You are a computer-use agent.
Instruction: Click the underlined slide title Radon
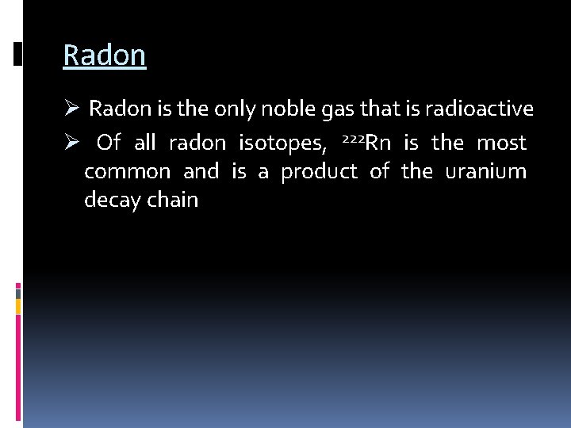pos(104,55)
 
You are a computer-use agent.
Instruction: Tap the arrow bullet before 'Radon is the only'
pos(71,108)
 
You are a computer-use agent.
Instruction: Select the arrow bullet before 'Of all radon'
pos(71,143)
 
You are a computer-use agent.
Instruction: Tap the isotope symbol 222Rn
pos(366,143)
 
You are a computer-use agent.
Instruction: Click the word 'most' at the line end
pos(501,143)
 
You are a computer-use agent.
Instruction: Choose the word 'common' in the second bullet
pos(127,172)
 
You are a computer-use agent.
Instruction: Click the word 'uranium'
pos(485,172)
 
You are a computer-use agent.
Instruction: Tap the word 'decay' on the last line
pos(112,201)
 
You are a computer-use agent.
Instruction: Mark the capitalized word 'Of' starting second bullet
pos(109,143)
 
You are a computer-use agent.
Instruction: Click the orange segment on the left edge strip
pos(18,306)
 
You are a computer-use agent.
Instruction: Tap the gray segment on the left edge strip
pos(18,292)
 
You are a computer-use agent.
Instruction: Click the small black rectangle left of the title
pos(18,53)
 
